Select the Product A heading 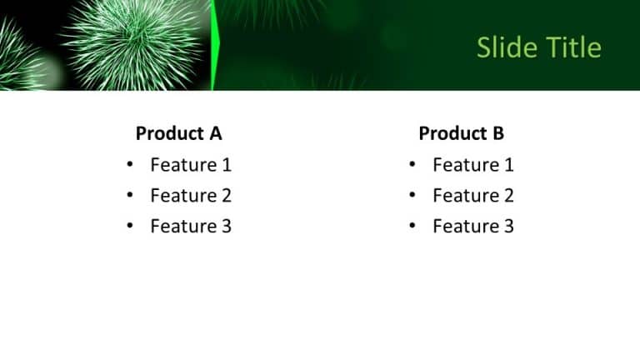[x=179, y=133]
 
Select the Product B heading [x=462, y=133]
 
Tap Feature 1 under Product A [x=191, y=165]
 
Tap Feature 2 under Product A [x=191, y=196]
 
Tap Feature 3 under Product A [x=191, y=226]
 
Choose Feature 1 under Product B [x=473, y=165]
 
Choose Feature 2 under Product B [x=473, y=196]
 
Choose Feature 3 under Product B [x=473, y=226]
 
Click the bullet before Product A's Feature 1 [x=130, y=165]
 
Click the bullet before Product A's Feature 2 [x=130, y=196]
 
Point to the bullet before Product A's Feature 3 [x=130, y=226]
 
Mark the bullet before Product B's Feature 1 [x=412, y=165]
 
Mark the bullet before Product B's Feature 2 [x=412, y=196]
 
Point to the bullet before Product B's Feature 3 [x=412, y=226]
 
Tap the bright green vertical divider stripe [x=215, y=46]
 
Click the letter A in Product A [x=216, y=133]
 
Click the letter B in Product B [x=498, y=133]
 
